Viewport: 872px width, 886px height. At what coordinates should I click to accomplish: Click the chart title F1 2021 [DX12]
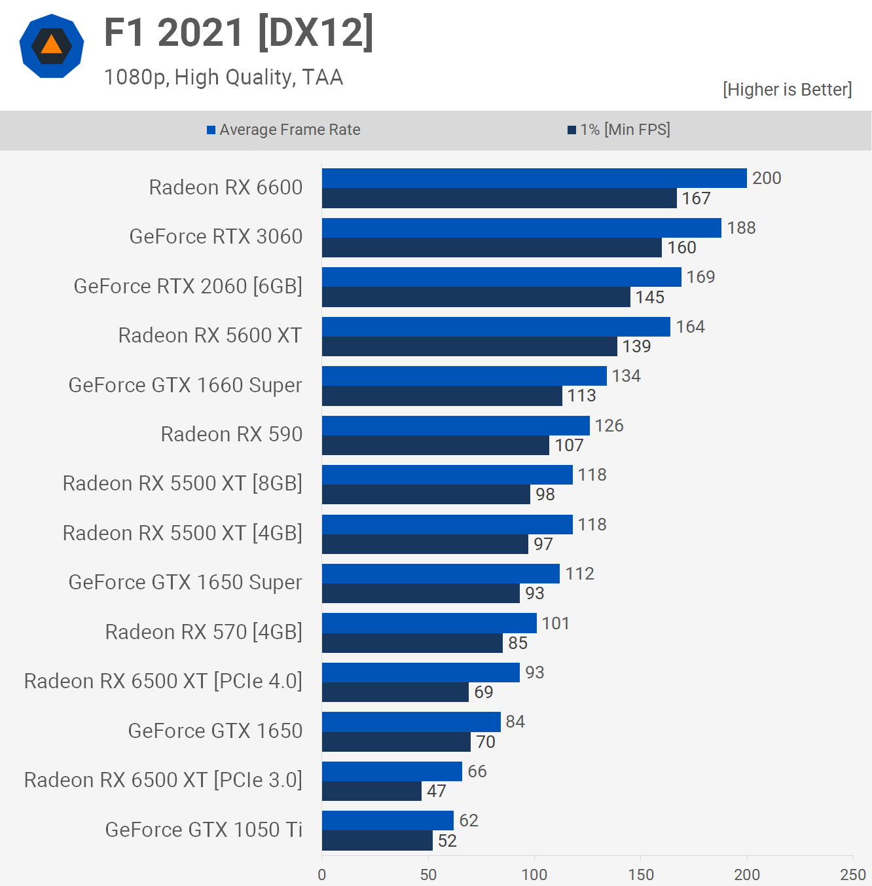239,33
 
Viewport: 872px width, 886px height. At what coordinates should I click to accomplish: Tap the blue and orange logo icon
52,46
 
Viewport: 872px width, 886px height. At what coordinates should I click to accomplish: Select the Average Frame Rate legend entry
283,130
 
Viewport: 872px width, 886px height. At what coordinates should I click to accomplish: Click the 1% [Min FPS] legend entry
619,130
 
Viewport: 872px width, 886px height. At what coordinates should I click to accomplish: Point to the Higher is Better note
787,90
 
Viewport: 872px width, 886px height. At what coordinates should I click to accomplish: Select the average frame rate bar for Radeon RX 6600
534,178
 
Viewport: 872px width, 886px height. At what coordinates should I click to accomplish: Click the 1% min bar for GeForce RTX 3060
492,248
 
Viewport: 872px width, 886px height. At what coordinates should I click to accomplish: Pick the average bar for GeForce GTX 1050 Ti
388,821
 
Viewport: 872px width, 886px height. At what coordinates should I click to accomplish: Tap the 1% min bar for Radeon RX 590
435,445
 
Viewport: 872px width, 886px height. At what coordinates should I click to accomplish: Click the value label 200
767,178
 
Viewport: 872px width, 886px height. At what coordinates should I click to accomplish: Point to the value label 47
437,791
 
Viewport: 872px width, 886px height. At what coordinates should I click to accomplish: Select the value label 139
636,346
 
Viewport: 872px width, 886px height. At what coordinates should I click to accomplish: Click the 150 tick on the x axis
641,874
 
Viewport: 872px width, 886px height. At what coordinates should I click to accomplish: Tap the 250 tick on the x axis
852,874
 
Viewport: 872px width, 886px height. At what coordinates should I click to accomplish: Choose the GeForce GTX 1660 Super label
185,385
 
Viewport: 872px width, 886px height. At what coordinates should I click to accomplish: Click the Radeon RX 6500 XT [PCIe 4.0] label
163,681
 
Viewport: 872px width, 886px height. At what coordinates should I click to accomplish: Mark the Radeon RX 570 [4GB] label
204,632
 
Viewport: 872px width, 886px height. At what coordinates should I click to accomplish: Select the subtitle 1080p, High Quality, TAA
223,77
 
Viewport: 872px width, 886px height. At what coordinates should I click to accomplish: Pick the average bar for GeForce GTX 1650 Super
441,574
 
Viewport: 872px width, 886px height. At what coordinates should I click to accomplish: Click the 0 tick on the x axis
322,874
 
